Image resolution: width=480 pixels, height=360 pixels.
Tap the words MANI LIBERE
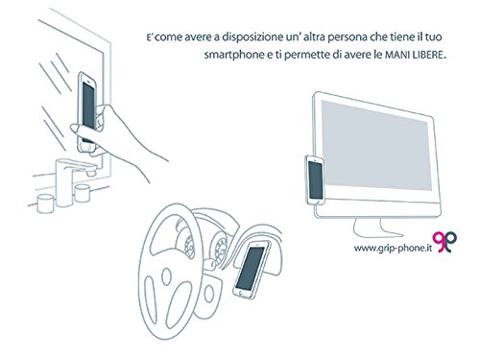pos(414,55)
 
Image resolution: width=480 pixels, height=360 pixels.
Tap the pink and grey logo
pos(444,242)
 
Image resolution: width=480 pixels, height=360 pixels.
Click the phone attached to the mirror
pos(87,112)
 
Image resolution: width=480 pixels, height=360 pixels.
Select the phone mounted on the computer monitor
pos(315,180)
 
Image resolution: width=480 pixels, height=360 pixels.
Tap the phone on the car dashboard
pos(252,270)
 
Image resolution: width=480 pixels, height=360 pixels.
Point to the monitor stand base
pos(377,228)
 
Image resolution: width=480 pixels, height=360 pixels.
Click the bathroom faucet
pos(74,180)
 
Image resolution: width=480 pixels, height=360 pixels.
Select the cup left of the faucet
pos(45,204)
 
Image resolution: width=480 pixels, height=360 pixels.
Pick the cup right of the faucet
pos(83,192)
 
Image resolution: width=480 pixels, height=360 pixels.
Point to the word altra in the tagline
pos(304,37)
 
